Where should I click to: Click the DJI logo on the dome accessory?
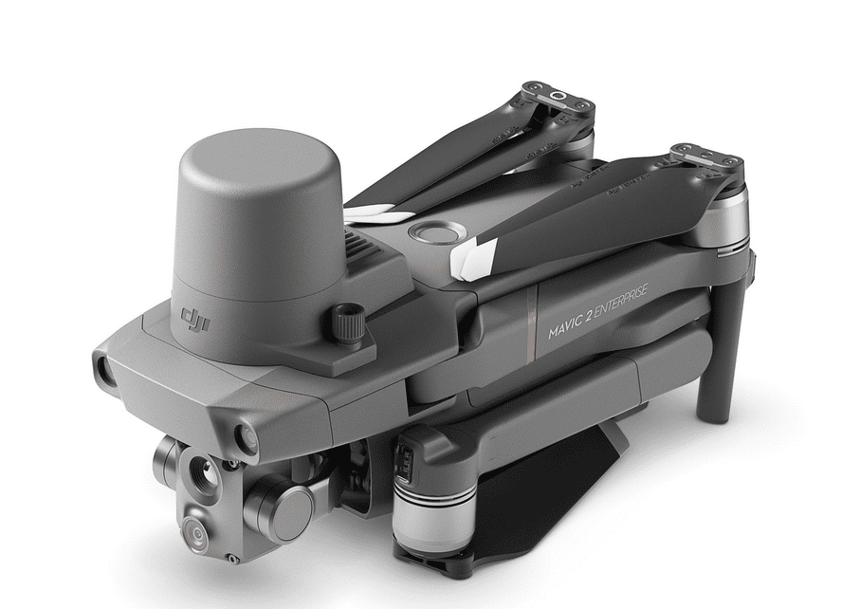pos(195,321)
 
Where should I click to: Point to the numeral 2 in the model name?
pos(588,317)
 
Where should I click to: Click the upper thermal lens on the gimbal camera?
pos(201,471)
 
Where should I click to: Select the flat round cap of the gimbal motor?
pos(293,515)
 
